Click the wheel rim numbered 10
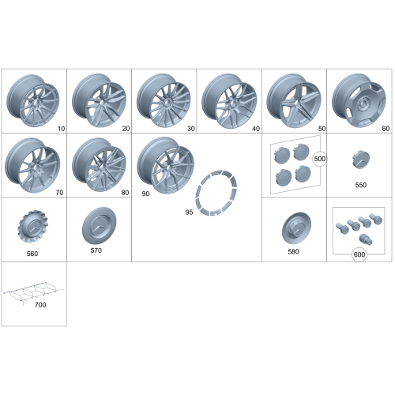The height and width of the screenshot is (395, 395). pos(33,101)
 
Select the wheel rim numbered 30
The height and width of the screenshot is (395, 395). pos(164,100)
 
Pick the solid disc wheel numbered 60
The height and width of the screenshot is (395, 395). pos(359,100)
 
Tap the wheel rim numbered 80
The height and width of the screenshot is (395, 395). pos(99,165)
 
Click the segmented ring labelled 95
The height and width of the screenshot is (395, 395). pos(216,193)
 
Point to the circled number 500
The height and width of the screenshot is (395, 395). pos(320,159)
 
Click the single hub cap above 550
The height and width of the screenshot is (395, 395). pos(361,160)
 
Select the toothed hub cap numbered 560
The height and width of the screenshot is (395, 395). pos(33,227)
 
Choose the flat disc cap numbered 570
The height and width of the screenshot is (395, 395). pos(100,225)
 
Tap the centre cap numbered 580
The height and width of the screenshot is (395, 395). pos(296,228)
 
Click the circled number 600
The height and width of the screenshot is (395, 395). pos(359,254)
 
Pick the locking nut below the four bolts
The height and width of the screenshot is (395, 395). pos(366,239)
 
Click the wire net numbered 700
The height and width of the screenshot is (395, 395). pos(33,292)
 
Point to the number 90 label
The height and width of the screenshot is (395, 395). pos(145,194)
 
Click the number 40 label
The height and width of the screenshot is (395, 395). pos(256,129)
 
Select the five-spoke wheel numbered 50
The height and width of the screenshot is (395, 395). pos(294,100)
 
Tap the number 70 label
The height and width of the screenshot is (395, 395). pos(59,193)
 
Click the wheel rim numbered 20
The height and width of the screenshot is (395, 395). pos(99,100)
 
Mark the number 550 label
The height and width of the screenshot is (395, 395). pos(361,185)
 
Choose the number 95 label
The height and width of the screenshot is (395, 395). pos(189,212)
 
